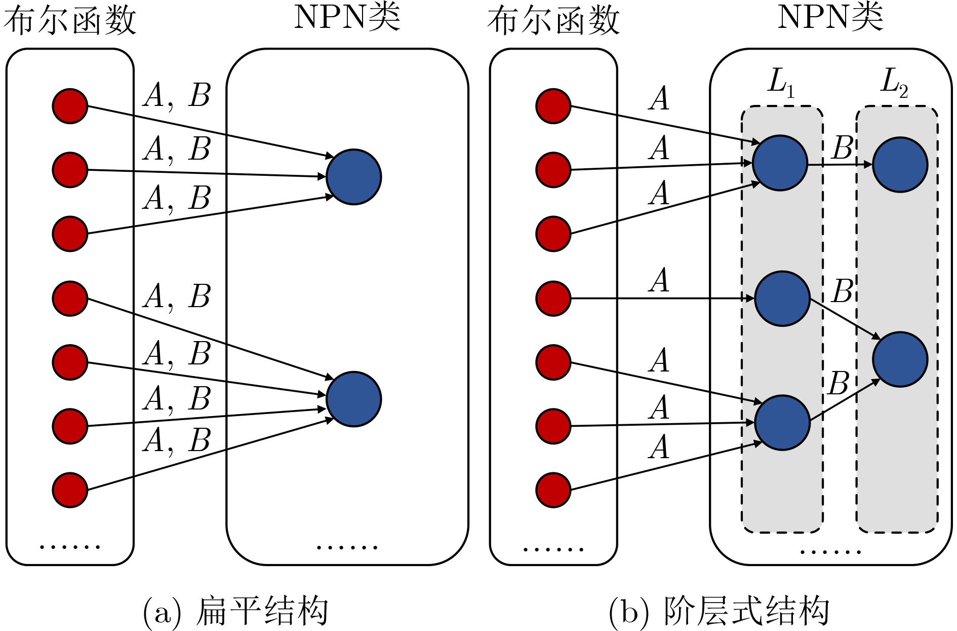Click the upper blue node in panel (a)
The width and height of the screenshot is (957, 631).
pyautogui.click(x=353, y=177)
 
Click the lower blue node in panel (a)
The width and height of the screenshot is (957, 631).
pyautogui.click(x=353, y=399)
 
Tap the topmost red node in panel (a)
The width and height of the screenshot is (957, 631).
pyautogui.click(x=70, y=106)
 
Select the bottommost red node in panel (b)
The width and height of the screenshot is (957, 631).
pyautogui.click(x=553, y=490)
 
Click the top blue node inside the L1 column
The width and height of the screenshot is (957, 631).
pyautogui.click(x=780, y=163)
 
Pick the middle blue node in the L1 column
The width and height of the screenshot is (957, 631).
pyautogui.click(x=782, y=299)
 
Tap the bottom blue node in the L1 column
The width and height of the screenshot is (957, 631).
pyautogui.click(x=782, y=423)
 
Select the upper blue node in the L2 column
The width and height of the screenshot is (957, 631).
pyautogui.click(x=900, y=165)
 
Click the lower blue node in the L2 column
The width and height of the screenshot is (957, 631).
pyautogui.click(x=900, y=359)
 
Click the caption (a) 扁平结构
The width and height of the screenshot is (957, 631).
pyautogui.click(x=235, y=612)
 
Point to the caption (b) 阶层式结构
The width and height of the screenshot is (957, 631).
pyautogui.click(x=719, y=612)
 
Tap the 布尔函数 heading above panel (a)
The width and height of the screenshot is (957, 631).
pyautogui.click(x=70, y=21)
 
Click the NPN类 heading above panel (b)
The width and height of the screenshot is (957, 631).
pyautogui.click(x=830, y=17)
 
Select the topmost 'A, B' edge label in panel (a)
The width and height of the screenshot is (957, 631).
pyautogui.click(x=177, y=95)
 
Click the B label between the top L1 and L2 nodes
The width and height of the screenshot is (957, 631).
pyautogui.click(x=843, y=148)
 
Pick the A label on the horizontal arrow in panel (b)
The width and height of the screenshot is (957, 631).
pyautogui.click(x=659, y=280)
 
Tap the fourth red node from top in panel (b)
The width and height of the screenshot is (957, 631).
pyautogui.click(x=553, y=299)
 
